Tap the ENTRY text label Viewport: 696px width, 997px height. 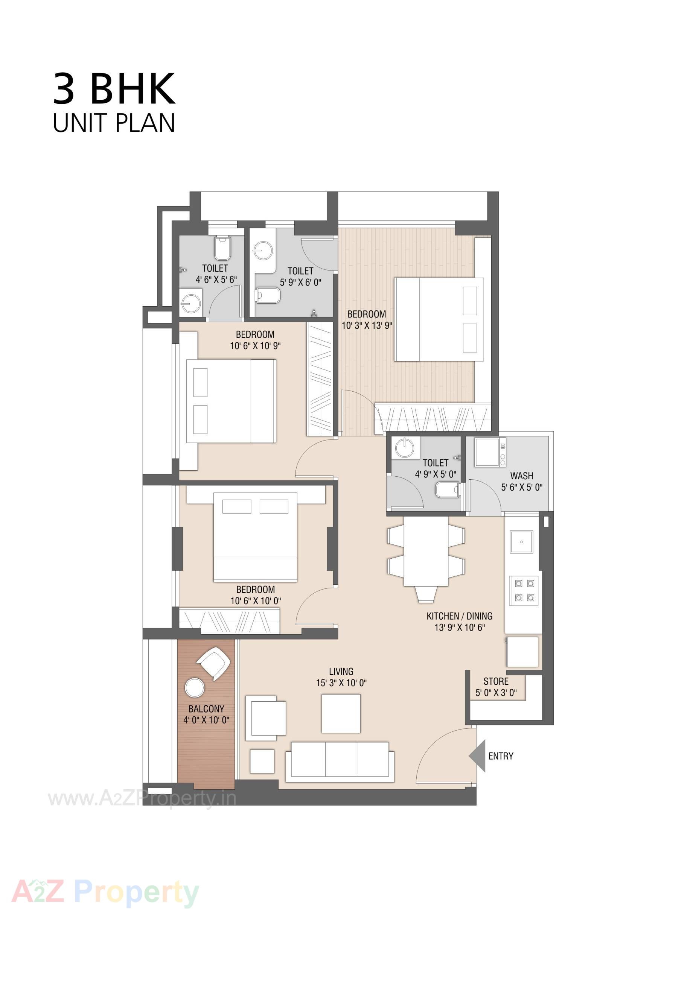[x=501, y=756]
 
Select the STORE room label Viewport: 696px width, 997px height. [x=496, y=681]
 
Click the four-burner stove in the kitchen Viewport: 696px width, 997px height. [x=524, y=591]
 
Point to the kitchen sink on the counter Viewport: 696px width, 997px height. [x=521, y=541]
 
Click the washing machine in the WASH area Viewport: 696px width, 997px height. [x=490, y=453]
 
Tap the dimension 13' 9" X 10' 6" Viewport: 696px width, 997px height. [x=459, y=627]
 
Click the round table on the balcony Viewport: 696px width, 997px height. [x=194, y=688]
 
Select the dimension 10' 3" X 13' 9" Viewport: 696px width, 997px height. [x=367, y=326]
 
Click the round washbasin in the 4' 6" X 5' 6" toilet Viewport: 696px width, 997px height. [x=191, y=302]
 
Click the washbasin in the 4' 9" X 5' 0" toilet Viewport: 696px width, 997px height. [x=405, y=448]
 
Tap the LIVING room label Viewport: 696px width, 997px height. [x=341, y=671]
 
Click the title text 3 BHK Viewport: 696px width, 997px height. [x=114, y=89]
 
